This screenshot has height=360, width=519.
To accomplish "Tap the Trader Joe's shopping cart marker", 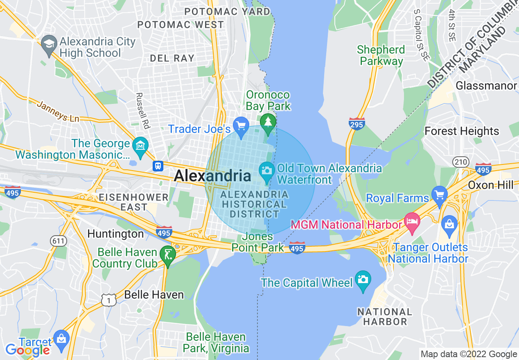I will pyautogui.click(x=241, y=124).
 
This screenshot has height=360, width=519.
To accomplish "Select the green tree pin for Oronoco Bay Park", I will pyautogui.click(x=268, y=122).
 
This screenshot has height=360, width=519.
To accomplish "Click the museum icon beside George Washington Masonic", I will pyautogui.click(x=140, y=145).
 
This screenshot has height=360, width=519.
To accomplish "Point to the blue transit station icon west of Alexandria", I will pyautogui.click(x=158, y=166).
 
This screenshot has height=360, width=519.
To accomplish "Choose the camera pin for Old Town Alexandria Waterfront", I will pyautogui.click(x=267, y=169).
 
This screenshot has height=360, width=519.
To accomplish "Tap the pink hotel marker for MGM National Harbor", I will pyautogui.click(x=411, y=220).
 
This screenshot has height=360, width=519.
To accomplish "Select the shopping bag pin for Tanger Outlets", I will pyautogui.click(x=449, y=223).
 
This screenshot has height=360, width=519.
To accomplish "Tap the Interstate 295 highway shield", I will pyautogui.click(x=357, y=124).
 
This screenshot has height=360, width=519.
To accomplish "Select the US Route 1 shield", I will pyautogui.click(x=108, y=300).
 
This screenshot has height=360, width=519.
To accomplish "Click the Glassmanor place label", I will pyautogui.click(x=486, y=86).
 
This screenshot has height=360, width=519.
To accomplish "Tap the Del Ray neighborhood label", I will pyautogui.click(x=172, y=58).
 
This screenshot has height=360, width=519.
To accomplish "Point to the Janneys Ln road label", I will pyautogui.click(x=58, y=111).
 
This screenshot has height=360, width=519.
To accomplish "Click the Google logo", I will pyautogui.click(x=28, y=350).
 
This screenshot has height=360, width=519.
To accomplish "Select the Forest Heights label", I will pyautogui.click(x=462, y=131).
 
